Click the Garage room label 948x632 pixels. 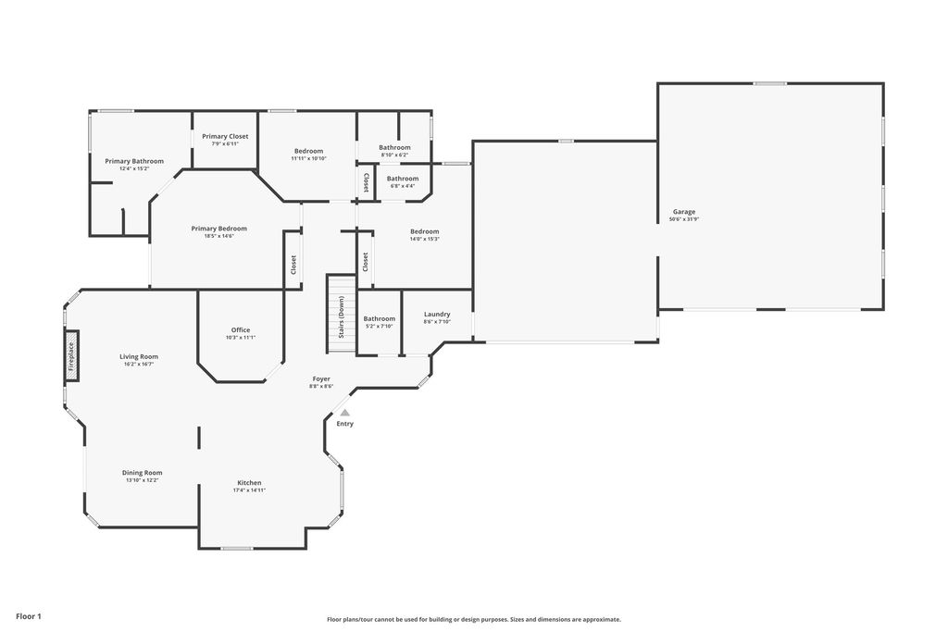[684, 212]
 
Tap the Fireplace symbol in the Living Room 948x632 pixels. [71, 356]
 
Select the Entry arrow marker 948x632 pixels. [344, 414]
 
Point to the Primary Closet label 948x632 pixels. [225, 136]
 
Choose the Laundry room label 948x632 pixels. [437, 315]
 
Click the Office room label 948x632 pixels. [241, 330]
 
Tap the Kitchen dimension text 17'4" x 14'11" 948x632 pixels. [249, 490]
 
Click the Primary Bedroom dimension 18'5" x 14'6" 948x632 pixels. [219, 236]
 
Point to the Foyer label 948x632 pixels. [321, 378]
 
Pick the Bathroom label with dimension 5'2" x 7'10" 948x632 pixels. [379, 319]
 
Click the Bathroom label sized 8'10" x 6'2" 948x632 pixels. [394, 147]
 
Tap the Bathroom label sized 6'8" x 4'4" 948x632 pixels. [403, 179]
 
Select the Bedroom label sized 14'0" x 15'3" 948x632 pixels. [424, 231]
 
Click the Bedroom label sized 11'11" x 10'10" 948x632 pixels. [309, 151]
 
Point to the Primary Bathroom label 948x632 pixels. [134, 161]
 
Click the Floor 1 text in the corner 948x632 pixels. [29, 615]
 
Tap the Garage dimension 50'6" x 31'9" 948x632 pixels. [684, 219]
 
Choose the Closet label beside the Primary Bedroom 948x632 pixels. [293, 265]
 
